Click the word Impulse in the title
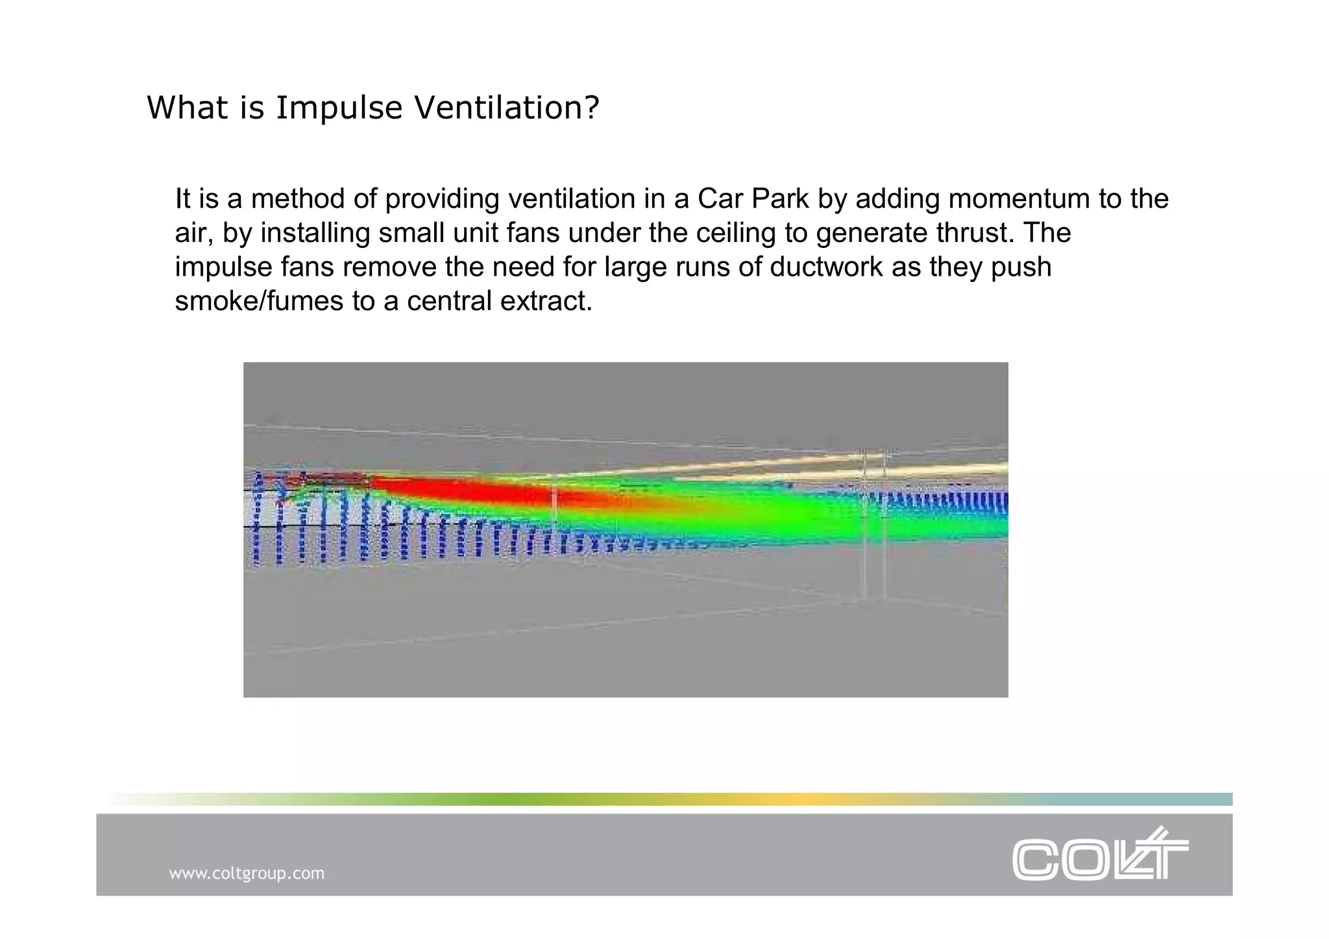pos(339,108)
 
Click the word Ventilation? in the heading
pos(507,108)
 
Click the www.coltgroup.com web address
pos(247,873)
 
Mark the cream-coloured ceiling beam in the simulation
pos(779,469)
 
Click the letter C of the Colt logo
pos(1036,860)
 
